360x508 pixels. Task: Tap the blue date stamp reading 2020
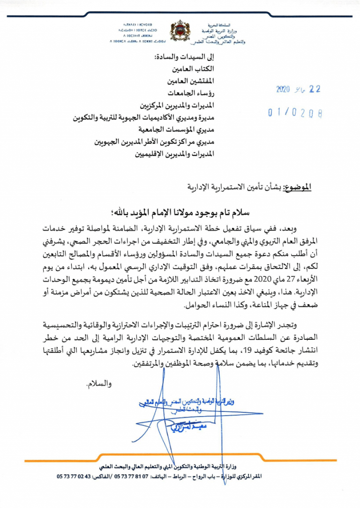[x=299, y=90]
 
